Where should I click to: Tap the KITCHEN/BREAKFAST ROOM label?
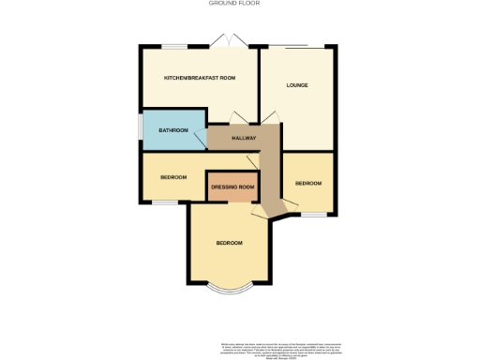199,77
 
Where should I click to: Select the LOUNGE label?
297,85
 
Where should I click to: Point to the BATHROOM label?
173,129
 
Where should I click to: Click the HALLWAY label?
244,138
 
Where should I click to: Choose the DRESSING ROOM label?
232,187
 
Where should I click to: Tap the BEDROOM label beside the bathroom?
173,176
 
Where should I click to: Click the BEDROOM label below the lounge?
308,184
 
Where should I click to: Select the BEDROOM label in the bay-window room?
230,243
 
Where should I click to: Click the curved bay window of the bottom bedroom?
229,287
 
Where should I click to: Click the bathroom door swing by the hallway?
199,142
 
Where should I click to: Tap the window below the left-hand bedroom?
166,202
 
